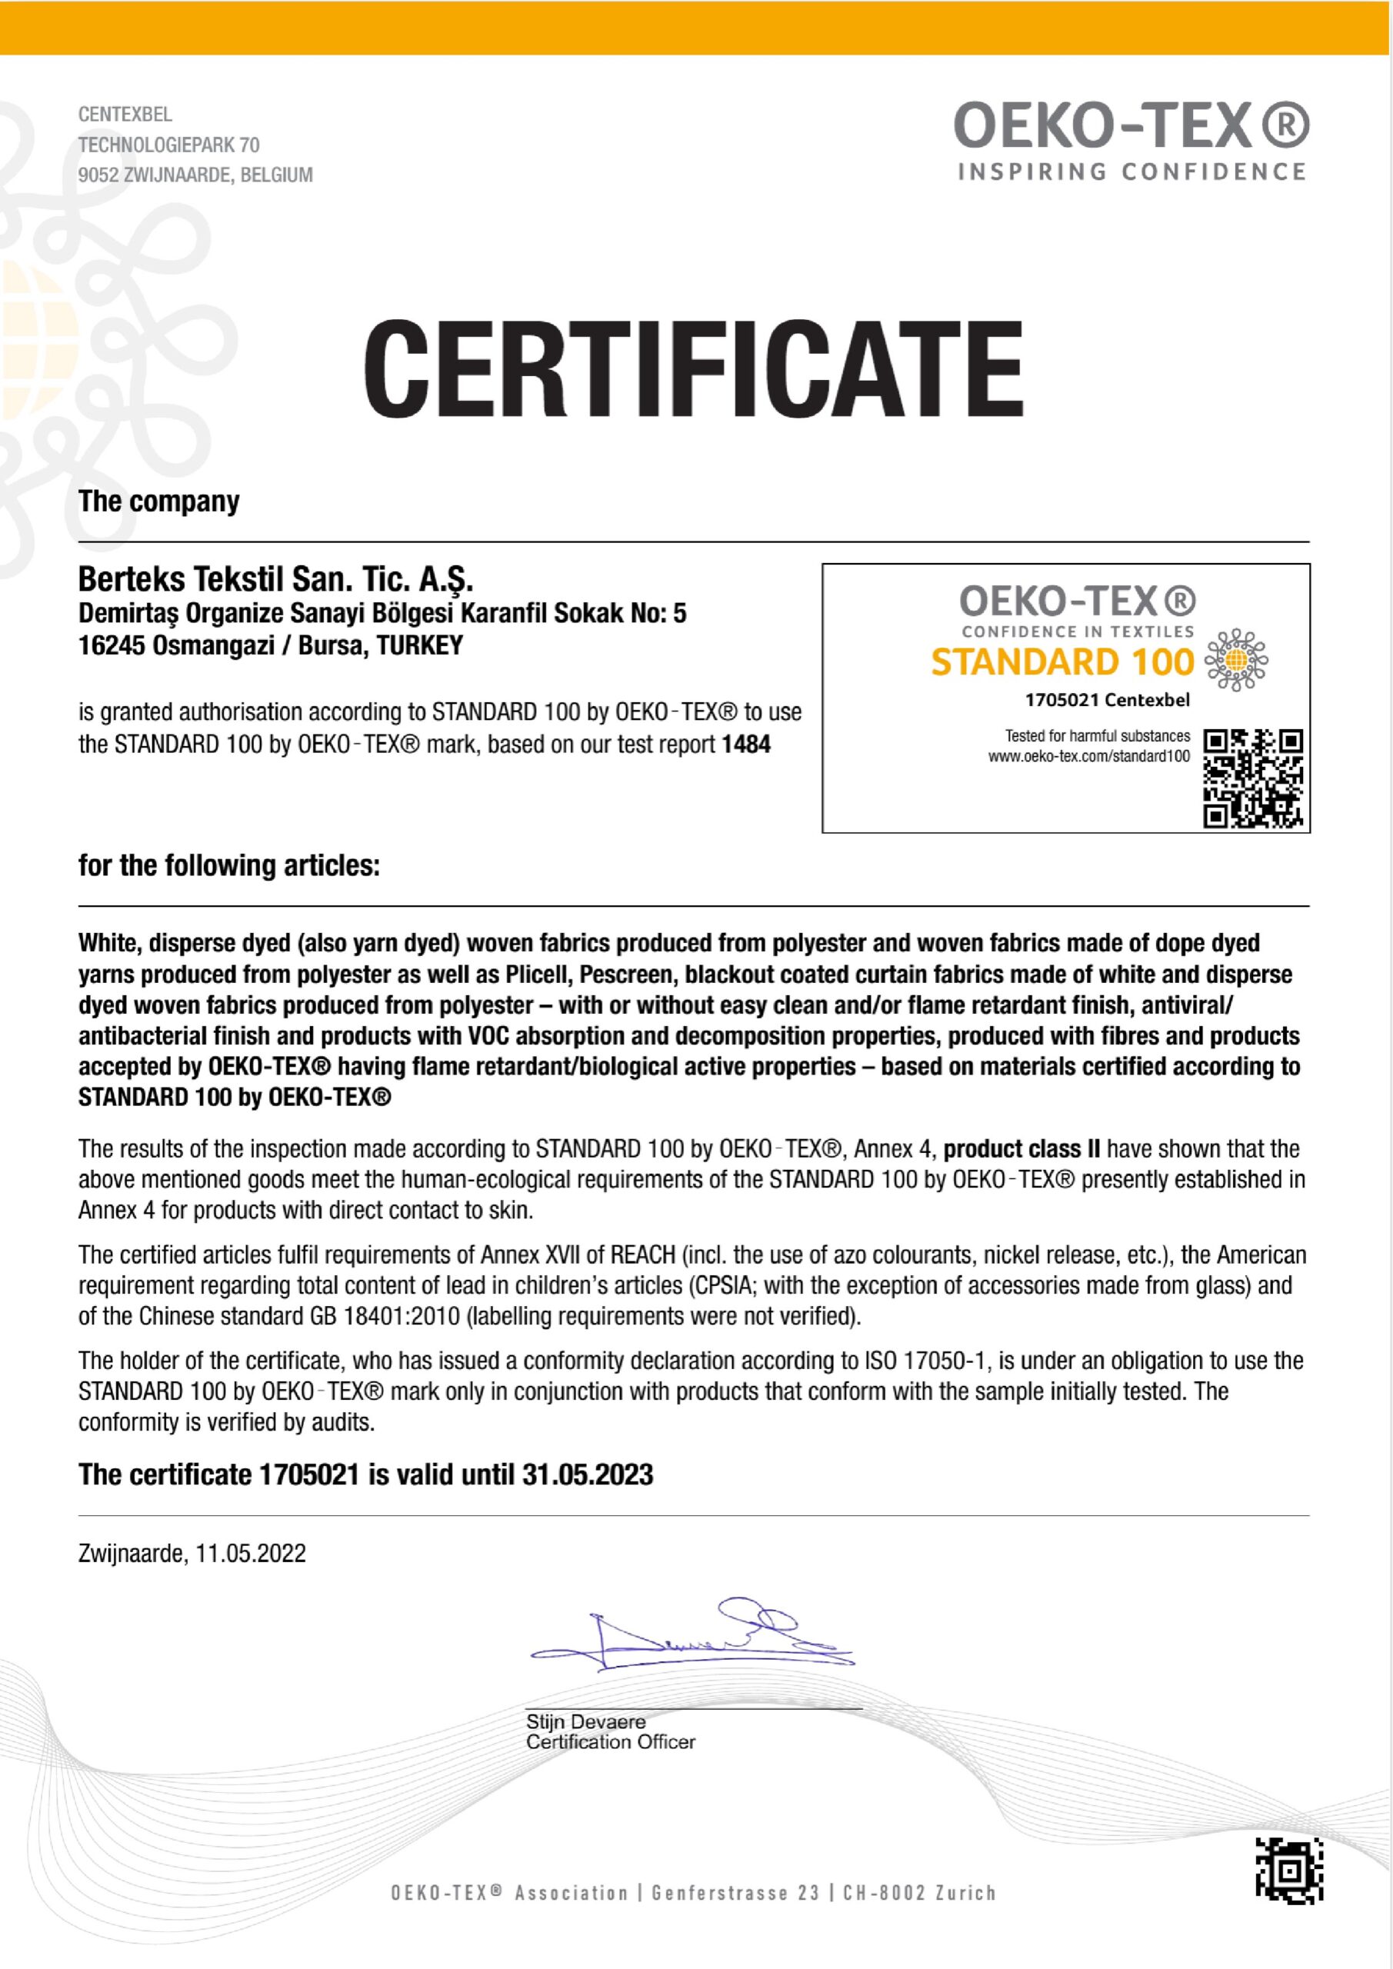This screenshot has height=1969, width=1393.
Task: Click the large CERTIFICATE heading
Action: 693,368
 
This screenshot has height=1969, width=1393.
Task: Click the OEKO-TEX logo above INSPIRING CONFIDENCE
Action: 1131,126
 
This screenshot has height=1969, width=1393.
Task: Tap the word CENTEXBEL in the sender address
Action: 125,114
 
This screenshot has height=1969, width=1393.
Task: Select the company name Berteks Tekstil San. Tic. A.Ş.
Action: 275,580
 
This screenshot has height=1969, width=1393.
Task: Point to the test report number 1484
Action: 746,744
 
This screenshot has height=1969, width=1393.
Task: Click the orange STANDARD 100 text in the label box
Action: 1062,662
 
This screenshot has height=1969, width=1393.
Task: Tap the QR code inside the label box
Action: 1253,778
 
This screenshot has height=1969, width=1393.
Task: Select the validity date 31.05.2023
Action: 588,1474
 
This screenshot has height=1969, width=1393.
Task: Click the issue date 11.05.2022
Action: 251,1553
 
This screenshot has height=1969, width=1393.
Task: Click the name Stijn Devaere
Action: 586,1721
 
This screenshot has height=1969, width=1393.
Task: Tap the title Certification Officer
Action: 611,1742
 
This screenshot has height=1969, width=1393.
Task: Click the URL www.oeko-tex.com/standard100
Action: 1088,756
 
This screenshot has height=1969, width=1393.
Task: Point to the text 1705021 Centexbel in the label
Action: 1108,700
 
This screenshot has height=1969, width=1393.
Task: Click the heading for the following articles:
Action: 229,865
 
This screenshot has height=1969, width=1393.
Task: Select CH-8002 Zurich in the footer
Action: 919,1893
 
